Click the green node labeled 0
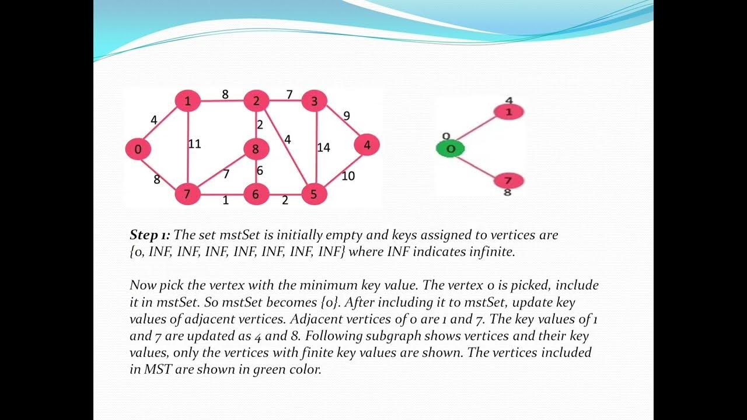point(451,149)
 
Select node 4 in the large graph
point(366,145)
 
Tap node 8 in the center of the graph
point(255,149)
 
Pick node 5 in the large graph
point(313,194)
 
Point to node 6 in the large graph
point(255,194)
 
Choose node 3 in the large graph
point(314,101)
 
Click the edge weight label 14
point(323,148)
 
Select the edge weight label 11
point(194,143)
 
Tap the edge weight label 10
point(348,176)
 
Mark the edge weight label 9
point(347,116)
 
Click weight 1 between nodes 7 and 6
point(225,201)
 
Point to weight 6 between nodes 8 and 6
point(260,171)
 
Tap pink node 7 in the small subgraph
point(508,180)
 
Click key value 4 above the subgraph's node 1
point(509,101)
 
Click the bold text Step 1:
point(150,235)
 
